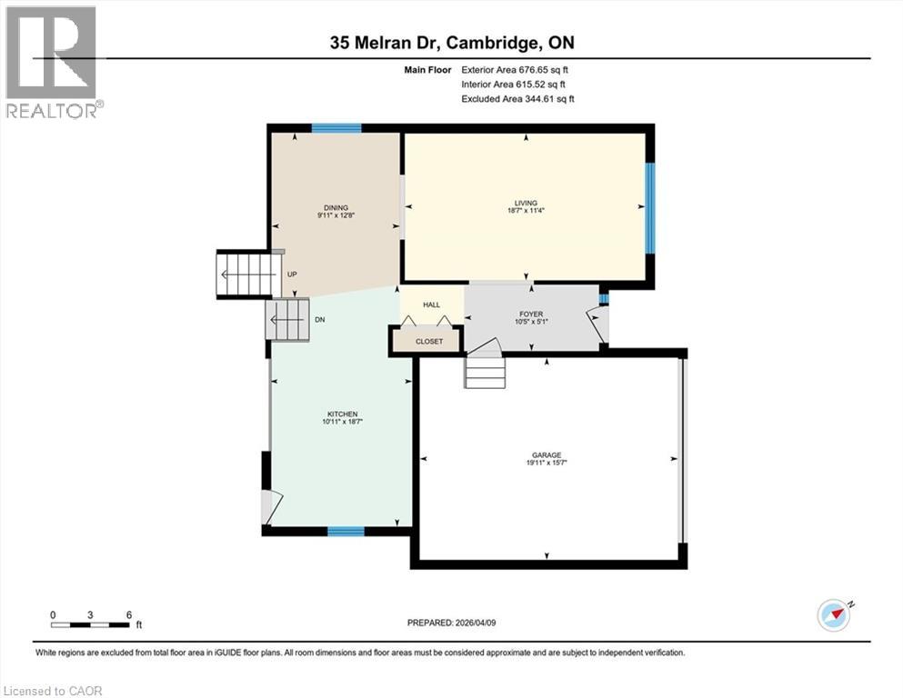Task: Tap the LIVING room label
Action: coord(526,203)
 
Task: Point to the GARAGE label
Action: coord(547,455)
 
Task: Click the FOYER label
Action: coord(531,314)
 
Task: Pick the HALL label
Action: coord(431,305)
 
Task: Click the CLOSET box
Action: coord(428,341)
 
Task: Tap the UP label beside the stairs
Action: coord(292,274)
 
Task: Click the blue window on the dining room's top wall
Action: coord(336,128)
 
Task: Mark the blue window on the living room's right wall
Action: coord(649,207)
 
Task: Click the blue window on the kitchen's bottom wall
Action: coord(346,532)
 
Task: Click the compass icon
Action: coord(834,615)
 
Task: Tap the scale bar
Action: coord(90,623)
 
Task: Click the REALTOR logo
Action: coord(53,62)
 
